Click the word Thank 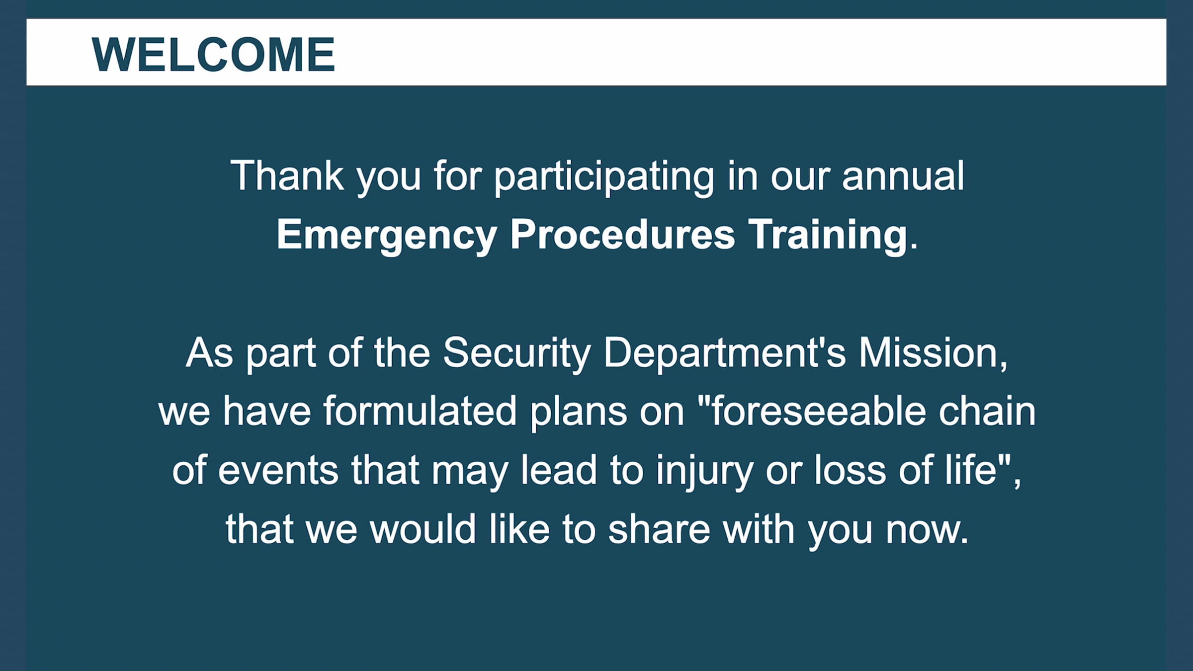[x=287, y=176]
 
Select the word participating [x=604, y=176]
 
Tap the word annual [x=903, y=176]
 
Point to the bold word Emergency [x=386, y=235]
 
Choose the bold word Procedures [x=622, y=235]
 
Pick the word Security [x=516, y=353]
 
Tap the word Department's [x=724, y=353]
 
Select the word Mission [x=929, y=353]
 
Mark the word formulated [x=420, y=412]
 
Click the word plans [x=578, y=412]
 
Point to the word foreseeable [x=819, y=412]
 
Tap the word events [x=278, y=470]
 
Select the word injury [x=704, y=470]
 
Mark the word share [x=659, y=529]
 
